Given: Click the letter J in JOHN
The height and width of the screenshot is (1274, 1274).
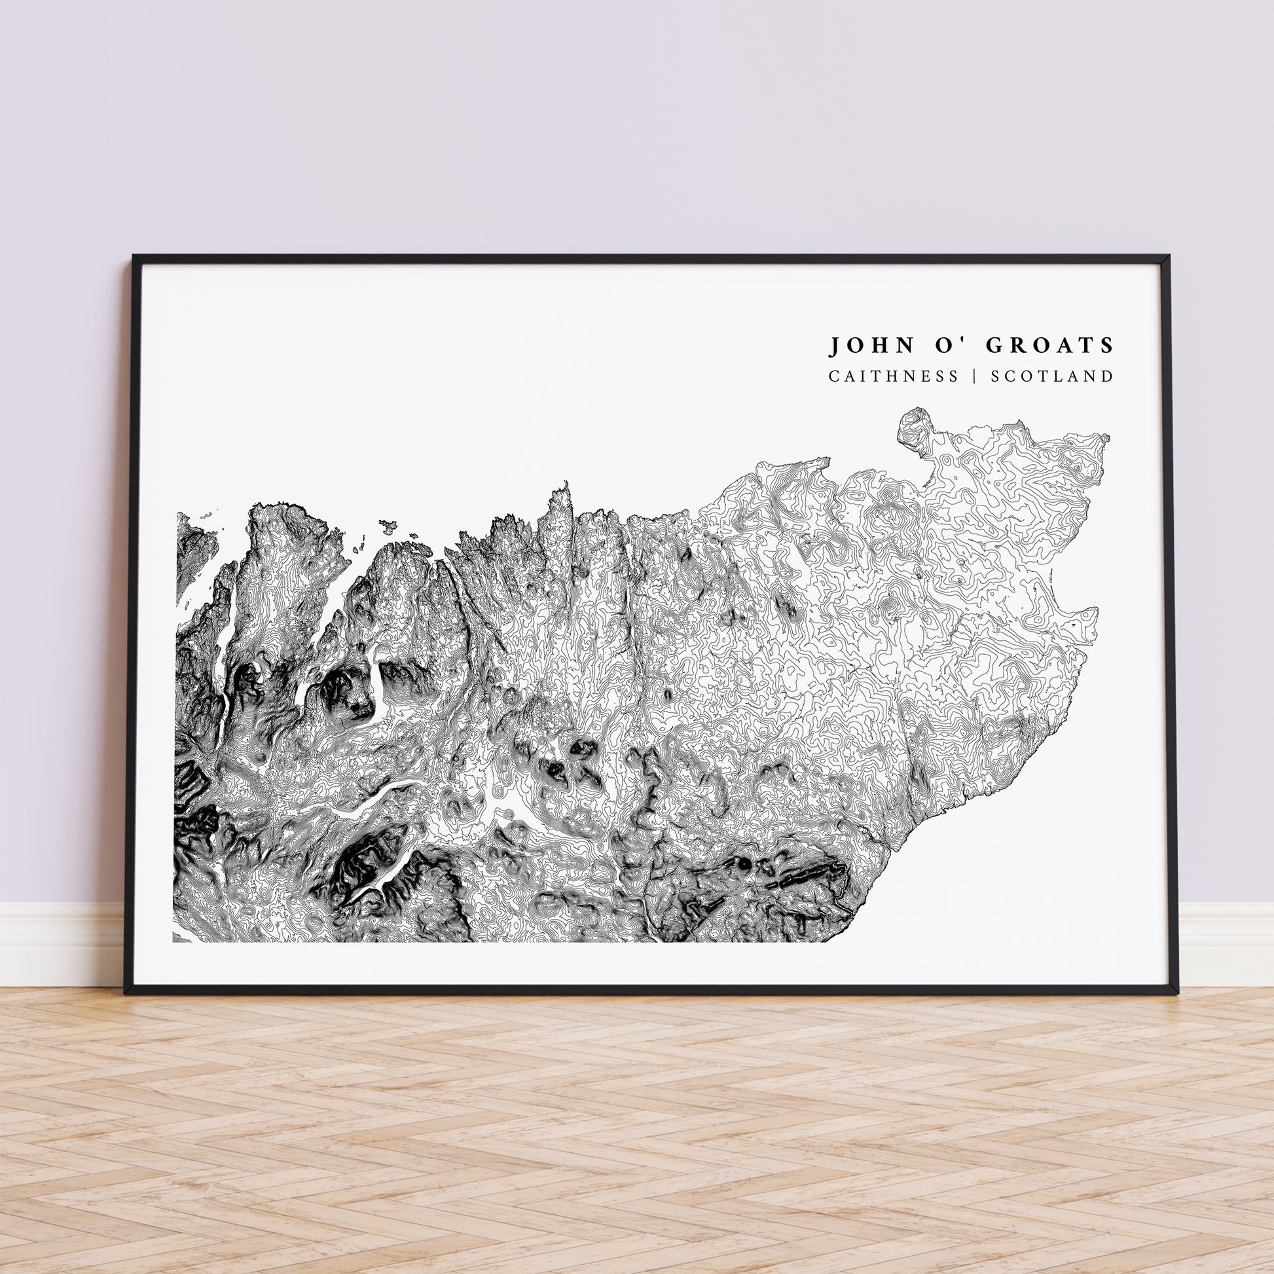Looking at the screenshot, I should [834, 345].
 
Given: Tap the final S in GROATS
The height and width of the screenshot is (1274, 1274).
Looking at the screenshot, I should [1107, 345].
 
